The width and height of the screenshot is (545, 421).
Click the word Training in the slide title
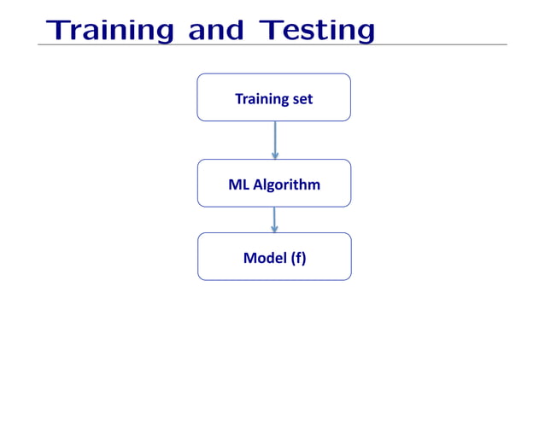111,30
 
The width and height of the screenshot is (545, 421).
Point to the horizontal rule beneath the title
273,45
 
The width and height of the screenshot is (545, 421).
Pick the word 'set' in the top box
302,99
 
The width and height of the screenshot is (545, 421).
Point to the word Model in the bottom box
264,257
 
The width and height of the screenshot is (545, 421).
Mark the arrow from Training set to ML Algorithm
274,138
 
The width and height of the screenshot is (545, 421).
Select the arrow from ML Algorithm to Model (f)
274,219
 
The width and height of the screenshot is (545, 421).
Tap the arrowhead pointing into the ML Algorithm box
274,155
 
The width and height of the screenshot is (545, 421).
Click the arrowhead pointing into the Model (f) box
274,228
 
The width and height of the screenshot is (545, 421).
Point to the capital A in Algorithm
258,184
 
